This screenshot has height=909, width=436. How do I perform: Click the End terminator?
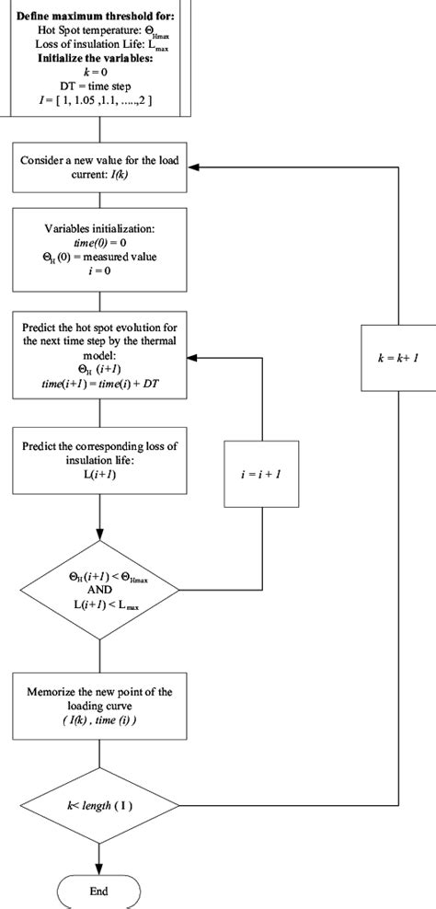pos(98,892)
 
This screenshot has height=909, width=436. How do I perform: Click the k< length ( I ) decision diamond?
pos(98,805)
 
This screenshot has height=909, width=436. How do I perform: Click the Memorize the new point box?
pos(98,699)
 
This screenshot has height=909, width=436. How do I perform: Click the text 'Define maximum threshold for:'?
pos(98,17)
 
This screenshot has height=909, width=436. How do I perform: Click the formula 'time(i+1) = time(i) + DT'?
pos(98,381)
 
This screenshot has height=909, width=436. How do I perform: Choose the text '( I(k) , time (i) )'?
pos(98,719)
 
